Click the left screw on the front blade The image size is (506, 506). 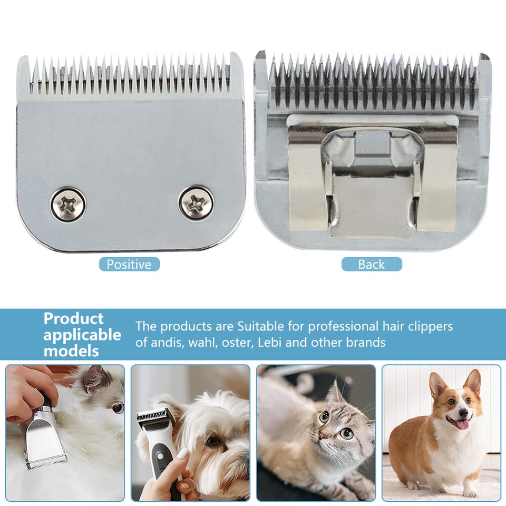pyautogui.click(x=68, y=204)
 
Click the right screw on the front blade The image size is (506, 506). pyautogui.click(x=196, y=203)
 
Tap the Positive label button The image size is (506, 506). pyautogui.click(x=129, y=264)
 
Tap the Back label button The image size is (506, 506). pyautogui.click(x=372, y=264)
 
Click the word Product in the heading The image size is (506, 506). pyautogui.click(x=73, y=318)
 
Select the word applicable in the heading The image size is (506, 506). pyautogui.click(x=82, y=335)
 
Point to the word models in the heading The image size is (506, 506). pyautogui.click(x=71, y=351)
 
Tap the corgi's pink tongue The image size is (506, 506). pyautogui.click(x=463, y=424)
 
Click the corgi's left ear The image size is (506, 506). pyautogui.click(x=437, y=385)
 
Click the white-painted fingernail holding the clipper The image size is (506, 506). pyautogui.click(x=182, y=453)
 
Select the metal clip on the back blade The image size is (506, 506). pyautogui.click(x=372, y=179)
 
